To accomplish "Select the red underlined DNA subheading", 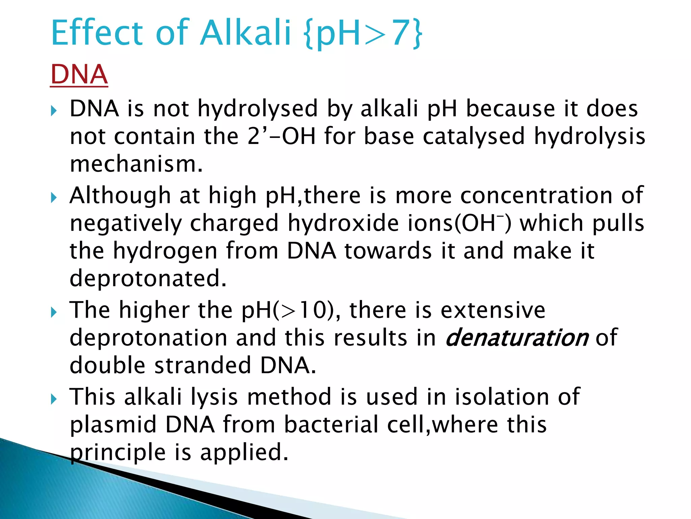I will tap(79, 75).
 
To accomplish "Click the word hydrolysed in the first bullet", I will tap(257, 109).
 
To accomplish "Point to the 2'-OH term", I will tap(281, 136).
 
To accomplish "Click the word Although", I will tap(120, 196).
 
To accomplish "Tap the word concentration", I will tap(536, 196).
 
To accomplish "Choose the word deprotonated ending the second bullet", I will tap(148, 278).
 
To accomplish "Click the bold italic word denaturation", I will tap(517, 338).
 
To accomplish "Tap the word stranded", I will tap(203, 366).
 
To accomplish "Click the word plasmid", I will tap(113, 425).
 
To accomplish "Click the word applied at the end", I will tap(244, 452).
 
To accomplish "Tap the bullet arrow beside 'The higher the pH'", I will tap(54, 312).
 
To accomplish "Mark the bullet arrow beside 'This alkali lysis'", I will tap(54, 399).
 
